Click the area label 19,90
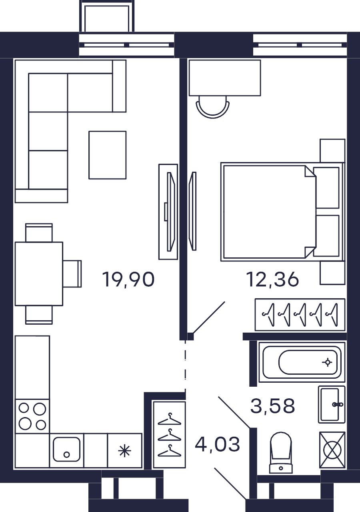(x=128, y=279)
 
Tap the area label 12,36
(x=272, y=279)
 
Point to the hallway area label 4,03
(x=217, y=444)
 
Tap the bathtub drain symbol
(x=327, y=362)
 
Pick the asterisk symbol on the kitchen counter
(x=124, y=451)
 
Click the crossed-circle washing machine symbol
(x=332, y=450)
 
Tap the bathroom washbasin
(x=332, y=405)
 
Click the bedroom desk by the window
(x=225, y=78)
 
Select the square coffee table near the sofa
(x=108, y=155)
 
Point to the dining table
(x=39, y=274)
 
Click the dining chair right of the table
(x=72, y=274)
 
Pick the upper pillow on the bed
(x=326, y=188)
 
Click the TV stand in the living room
(x=168, y=212)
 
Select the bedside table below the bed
(x=332, y=273)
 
